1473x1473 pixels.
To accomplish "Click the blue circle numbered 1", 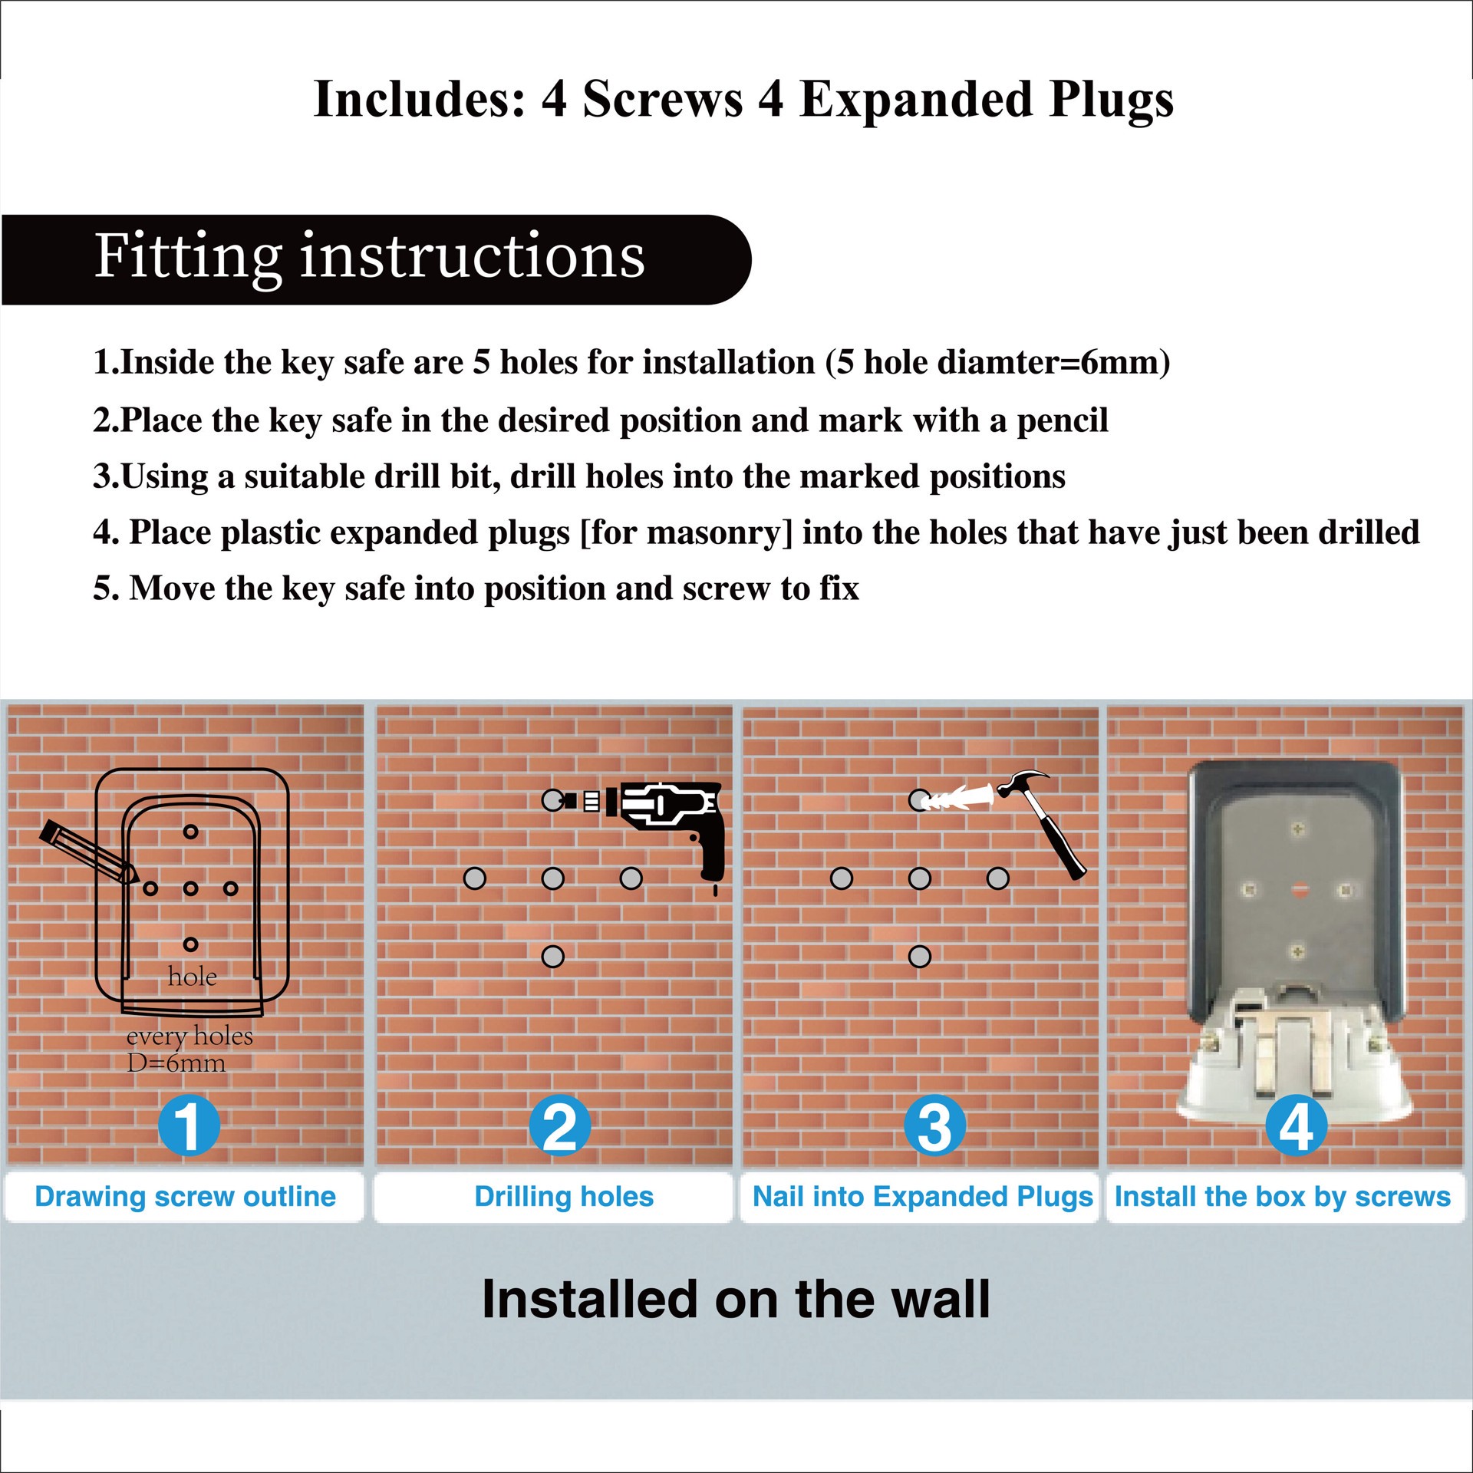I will click(189, 1126).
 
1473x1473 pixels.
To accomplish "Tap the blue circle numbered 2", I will click(560, 1126).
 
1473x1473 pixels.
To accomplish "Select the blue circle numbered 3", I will click(934, 1126).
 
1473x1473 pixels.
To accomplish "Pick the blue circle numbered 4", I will click(1296, 1126).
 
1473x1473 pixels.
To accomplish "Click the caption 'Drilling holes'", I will click(564, 1197).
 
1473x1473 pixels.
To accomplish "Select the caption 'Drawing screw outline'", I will click(185, 1197).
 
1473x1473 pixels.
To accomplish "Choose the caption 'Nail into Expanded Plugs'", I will click(922, 1197).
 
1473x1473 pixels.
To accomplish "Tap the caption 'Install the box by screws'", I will click(1282, 1197).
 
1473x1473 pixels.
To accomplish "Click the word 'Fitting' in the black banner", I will click(187, 258).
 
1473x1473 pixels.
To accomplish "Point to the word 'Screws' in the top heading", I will click(663, 100).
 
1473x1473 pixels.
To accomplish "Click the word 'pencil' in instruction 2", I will click(1062, 420).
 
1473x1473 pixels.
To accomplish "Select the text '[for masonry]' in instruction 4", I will click(686, 532).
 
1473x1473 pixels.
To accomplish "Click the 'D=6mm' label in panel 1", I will click(176, 1063).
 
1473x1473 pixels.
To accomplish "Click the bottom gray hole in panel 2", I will click(553, 957).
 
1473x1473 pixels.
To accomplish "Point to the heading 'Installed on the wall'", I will click(736, 1300).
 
